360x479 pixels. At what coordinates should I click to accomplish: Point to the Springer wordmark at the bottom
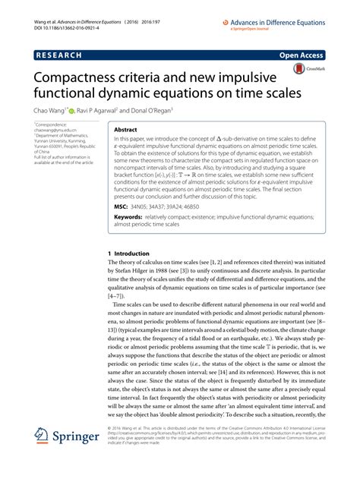point(76,438)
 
